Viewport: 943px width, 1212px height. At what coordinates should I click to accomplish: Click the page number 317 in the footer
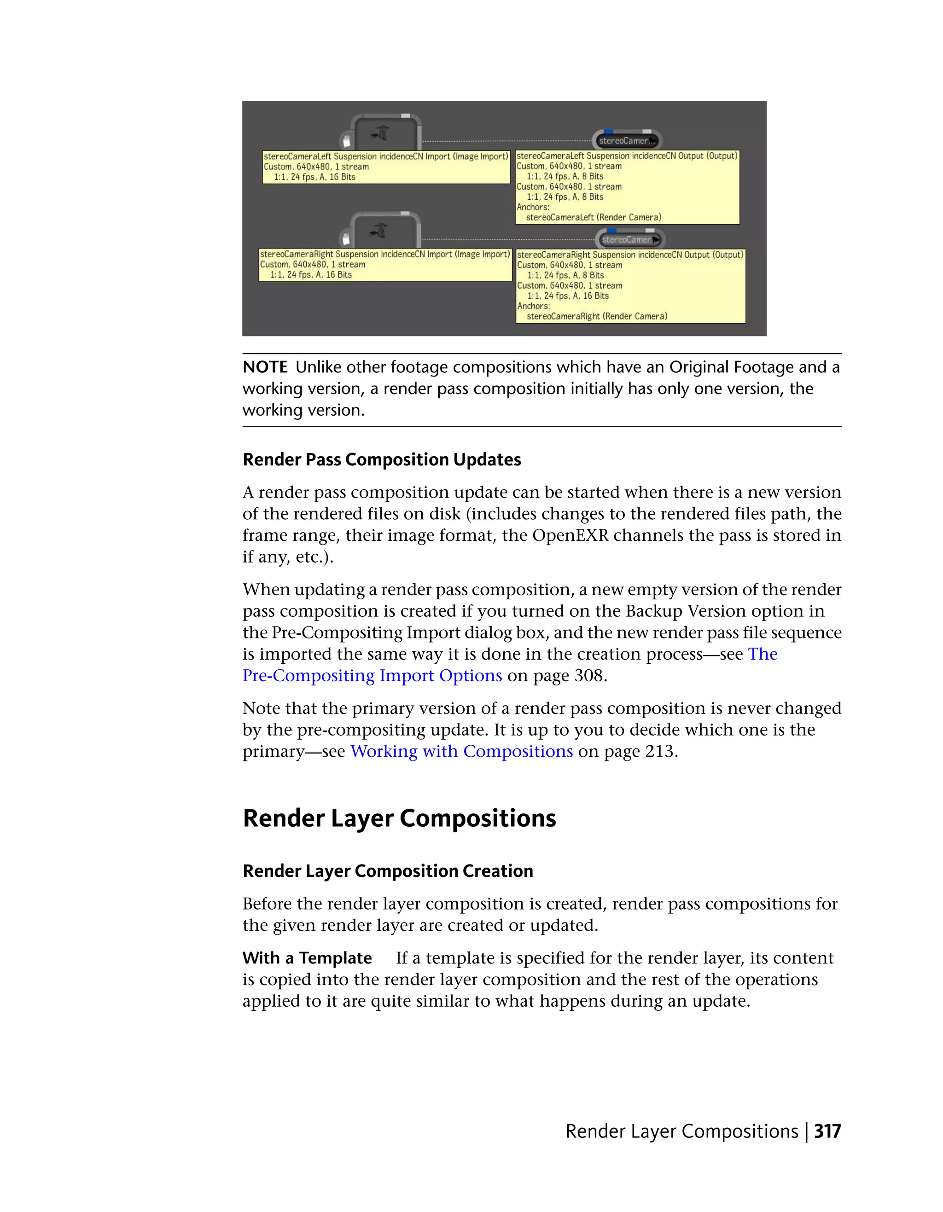pos(827,1131)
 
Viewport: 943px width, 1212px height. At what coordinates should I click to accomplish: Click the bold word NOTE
pos(265,367)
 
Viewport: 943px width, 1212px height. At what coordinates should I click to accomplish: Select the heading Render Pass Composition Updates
pos(382,459)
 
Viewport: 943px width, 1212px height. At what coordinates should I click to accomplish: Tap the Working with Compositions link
pos(461,751)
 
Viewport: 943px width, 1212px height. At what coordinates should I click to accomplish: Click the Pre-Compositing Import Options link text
pos(372,675)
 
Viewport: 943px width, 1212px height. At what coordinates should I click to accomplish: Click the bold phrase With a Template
pos(307,958)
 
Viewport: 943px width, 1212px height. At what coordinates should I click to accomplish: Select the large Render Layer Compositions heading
pos(399,818)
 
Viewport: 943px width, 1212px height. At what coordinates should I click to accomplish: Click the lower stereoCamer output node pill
pos(629,240)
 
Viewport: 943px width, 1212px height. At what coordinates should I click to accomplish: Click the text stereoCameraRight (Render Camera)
pos(597,316)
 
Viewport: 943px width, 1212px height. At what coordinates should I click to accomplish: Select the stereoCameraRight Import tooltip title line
pos(384,254)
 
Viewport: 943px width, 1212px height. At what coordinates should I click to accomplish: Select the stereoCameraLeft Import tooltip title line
pos(386,157)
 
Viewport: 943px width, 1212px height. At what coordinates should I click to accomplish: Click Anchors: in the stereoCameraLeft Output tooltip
pos(533,207)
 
